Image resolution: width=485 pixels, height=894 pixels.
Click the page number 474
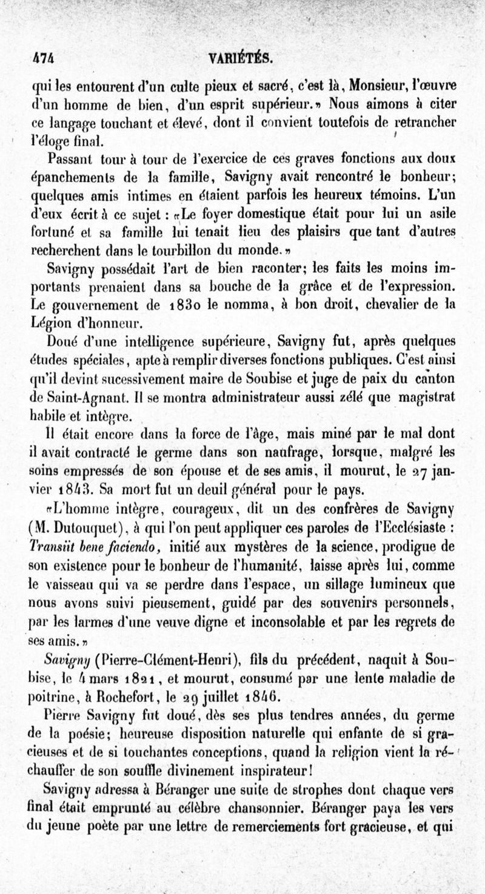pyautogui.click(x=42, y=58)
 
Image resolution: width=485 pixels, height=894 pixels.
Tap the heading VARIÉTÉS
pyautogui.click(x=241, y=58)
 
